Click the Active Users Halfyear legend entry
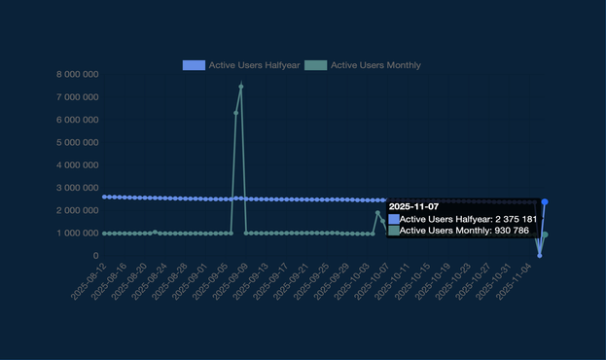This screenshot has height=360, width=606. coord(242,65)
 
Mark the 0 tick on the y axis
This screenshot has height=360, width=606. coord(95,256)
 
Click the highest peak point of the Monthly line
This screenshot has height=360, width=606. coord(241,87)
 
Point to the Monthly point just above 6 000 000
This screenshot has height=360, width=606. coord(235,113)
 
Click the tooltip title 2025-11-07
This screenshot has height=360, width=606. coord(413,206)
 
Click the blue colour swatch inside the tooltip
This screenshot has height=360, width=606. coord(394,219)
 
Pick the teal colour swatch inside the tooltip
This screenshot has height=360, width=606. coord(394,231)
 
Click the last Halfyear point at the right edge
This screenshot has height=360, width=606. coord(545,202)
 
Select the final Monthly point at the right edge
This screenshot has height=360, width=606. coord(545,234)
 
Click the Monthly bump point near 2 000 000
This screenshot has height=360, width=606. coord(377,213)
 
